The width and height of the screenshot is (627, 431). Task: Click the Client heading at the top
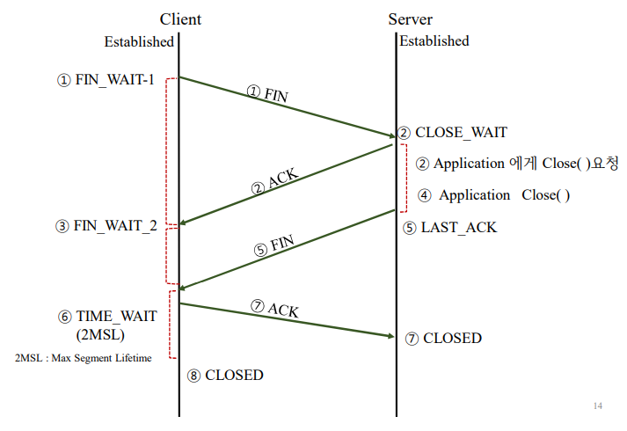(180, 19)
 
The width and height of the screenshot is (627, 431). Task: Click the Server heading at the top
(410, 19)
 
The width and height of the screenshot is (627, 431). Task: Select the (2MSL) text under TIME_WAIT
(101, 335)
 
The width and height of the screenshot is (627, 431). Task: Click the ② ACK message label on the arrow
(275, 180)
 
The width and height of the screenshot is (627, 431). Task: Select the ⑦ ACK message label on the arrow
(274, 309)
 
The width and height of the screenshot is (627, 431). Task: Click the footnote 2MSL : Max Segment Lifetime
(84, 358)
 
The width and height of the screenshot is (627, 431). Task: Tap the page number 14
(598, 406)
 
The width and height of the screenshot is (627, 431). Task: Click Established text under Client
(139, 41)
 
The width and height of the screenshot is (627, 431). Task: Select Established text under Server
(434, 40)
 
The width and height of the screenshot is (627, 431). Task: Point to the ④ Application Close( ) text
(493, 195)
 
